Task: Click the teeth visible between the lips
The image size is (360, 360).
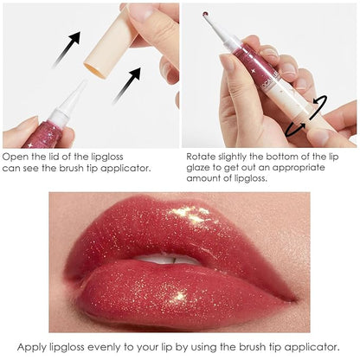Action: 177,260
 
